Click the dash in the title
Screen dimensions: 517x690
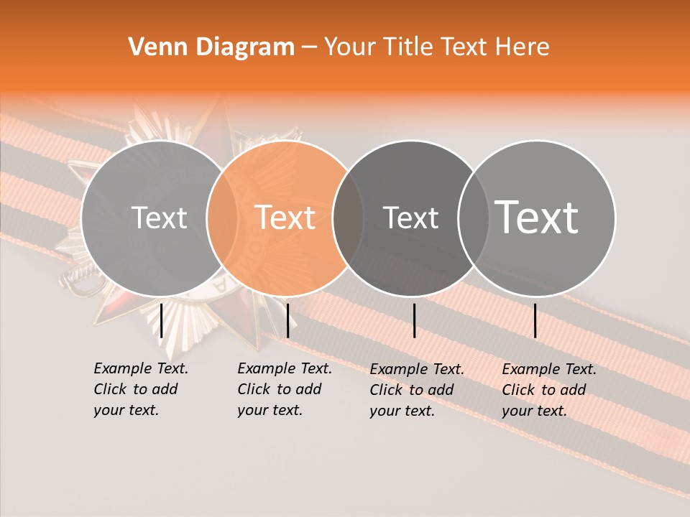pos(309,48)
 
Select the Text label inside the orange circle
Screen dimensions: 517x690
pos(285,218)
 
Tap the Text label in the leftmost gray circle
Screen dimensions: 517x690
pos(159,218)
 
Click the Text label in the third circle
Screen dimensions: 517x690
pos(410,218)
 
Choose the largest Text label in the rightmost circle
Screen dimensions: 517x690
pos(537,218)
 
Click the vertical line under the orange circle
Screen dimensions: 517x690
pos(287,320)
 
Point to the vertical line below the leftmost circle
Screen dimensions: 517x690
pos(162,320)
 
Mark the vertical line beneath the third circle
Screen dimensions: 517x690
pos(414,320)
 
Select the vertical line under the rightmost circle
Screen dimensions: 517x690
pos(535,320)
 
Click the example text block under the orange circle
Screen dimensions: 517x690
pos(284,389)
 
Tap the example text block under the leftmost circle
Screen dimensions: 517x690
pos(140,389)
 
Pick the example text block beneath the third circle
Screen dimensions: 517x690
pos(416,390)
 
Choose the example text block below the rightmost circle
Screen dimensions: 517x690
pos(548,390)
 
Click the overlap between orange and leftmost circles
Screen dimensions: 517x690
pos(223,218)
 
